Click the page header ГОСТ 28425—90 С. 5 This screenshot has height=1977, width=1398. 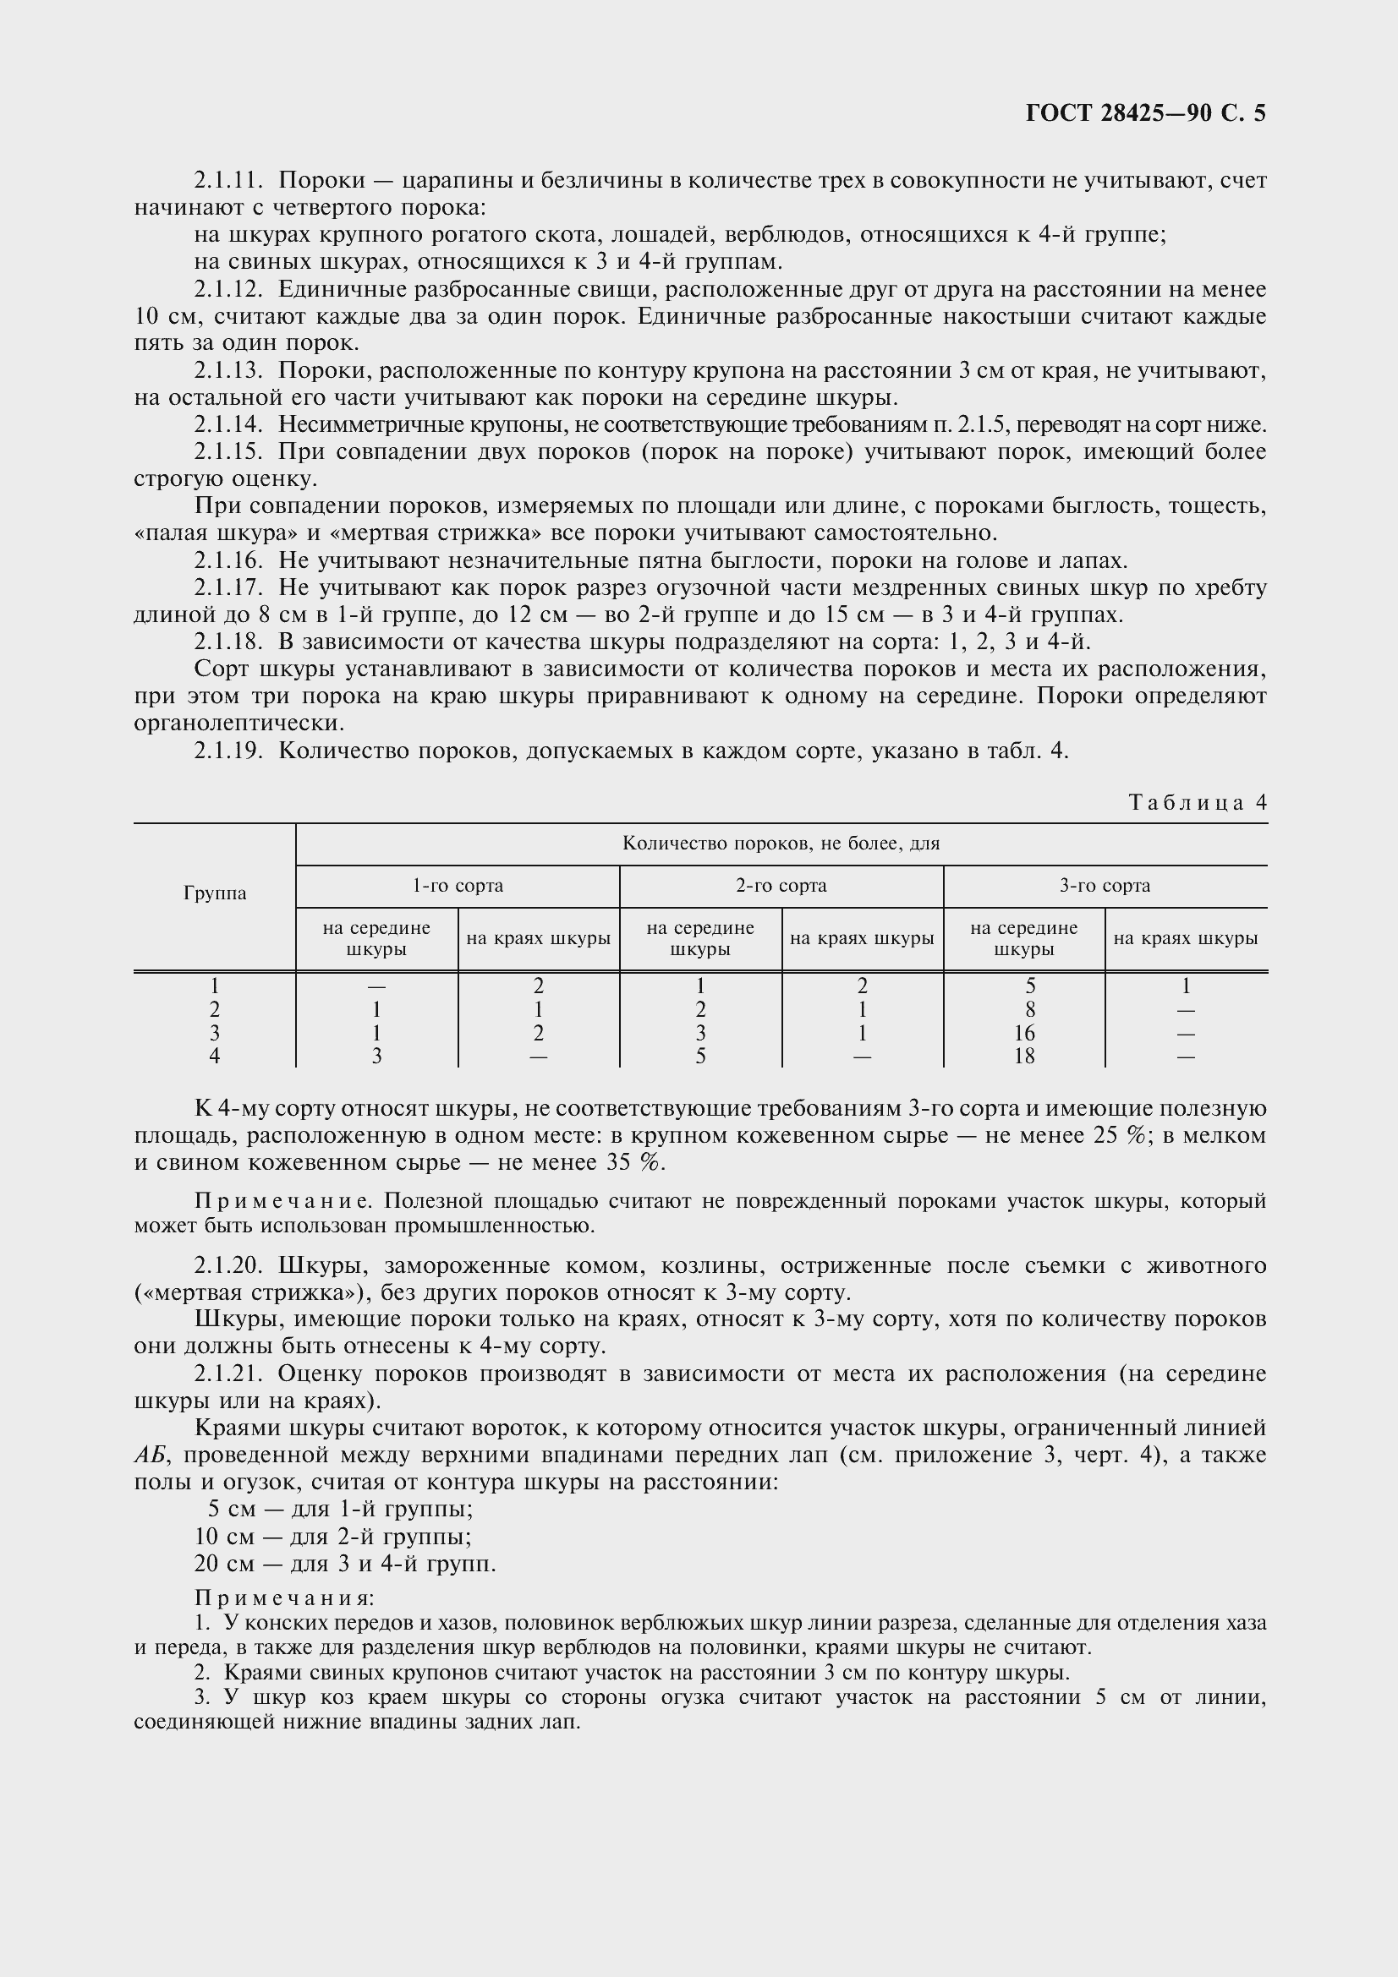[1146, 113]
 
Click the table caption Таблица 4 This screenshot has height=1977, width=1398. [1198, 802]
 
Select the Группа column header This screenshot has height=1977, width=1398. [215, 893]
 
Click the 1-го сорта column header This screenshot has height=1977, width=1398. [458, 886]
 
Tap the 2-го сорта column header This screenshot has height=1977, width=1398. [781, 886]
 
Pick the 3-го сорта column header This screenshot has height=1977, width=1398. [1105, 886]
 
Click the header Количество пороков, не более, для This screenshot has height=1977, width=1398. [781, 844]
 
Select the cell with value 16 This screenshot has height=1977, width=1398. [1024, 1033]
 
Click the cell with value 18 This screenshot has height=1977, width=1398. [1024, 1057]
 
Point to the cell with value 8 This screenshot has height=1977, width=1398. [1029, 1010]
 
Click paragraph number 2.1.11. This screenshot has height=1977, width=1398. [228, 181]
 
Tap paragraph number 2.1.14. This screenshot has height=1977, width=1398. [228, 424]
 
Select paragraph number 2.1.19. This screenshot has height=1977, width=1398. [228, 751]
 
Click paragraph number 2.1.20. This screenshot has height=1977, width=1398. [228, 1266]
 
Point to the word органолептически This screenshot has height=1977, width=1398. [238, 724]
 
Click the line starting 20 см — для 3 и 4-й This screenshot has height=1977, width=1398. [344, 1564]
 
